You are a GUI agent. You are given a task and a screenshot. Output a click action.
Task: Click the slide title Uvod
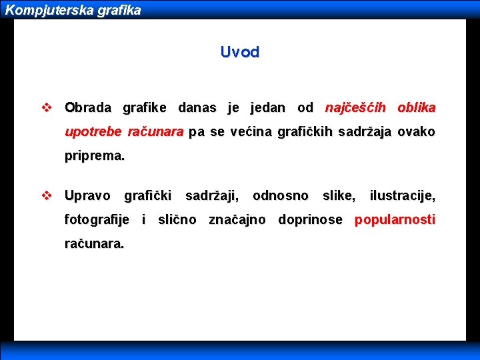239,52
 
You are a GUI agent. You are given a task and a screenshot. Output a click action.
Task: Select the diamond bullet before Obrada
46,107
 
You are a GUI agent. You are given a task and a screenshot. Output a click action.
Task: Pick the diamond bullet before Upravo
46,196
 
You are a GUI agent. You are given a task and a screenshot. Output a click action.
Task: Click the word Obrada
89,107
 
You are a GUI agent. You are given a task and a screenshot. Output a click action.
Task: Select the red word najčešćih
355,107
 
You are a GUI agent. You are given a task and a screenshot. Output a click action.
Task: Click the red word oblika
416,107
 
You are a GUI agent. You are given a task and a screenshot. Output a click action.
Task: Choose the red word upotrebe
93,132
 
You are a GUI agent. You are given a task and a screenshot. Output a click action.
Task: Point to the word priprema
94,157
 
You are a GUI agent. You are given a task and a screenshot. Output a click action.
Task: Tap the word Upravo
87,196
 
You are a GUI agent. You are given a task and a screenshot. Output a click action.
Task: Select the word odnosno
281,196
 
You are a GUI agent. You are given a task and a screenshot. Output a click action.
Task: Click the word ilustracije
402,196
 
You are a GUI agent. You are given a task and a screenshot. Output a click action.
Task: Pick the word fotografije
97,220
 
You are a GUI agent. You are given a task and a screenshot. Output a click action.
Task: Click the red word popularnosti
395,220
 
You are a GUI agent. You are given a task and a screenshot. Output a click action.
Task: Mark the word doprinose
310,220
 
